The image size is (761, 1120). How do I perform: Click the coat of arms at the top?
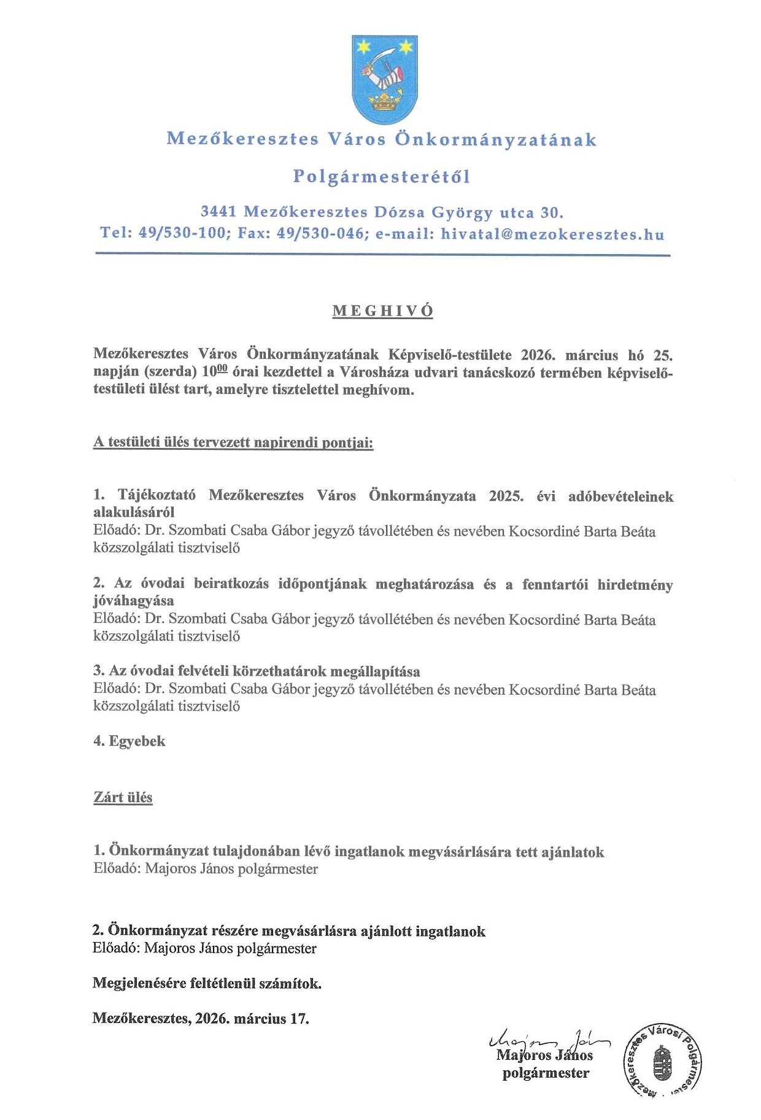385,79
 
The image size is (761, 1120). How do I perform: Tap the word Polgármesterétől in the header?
381,177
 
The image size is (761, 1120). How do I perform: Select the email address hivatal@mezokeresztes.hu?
552,234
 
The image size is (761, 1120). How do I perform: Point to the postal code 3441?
218,212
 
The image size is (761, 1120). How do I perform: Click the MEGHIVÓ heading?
383,311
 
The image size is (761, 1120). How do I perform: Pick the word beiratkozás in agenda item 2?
231,584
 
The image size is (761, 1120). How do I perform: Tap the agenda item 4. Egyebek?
129,741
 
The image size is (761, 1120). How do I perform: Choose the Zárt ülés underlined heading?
123,797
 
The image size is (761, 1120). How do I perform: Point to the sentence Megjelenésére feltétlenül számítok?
207,983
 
